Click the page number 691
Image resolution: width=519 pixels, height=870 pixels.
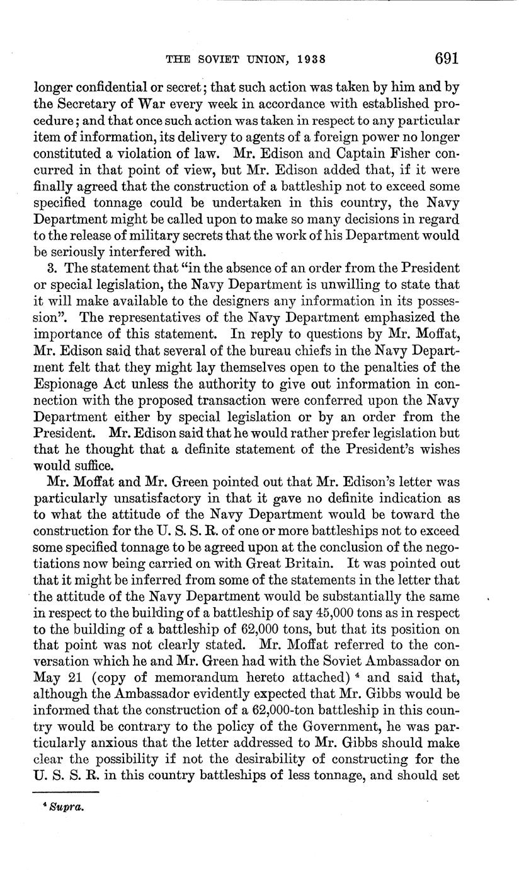[x=445, y=59]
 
